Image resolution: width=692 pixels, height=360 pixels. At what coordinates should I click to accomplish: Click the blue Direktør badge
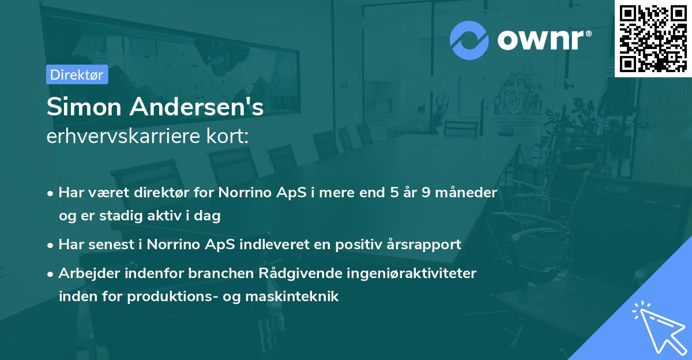[x=77, y=75]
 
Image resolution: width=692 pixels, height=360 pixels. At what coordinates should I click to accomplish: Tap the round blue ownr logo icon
[x=469, y=40]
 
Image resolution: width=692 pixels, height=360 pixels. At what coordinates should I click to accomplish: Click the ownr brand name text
[x=543, y=40]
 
